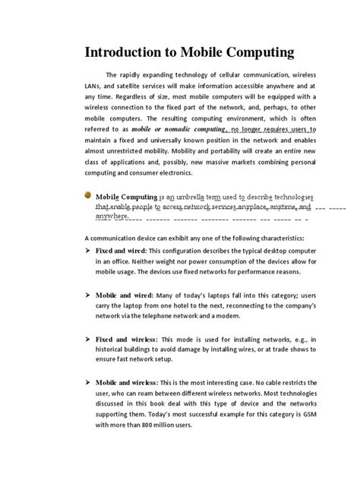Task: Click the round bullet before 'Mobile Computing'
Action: (x=88, y=197)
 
